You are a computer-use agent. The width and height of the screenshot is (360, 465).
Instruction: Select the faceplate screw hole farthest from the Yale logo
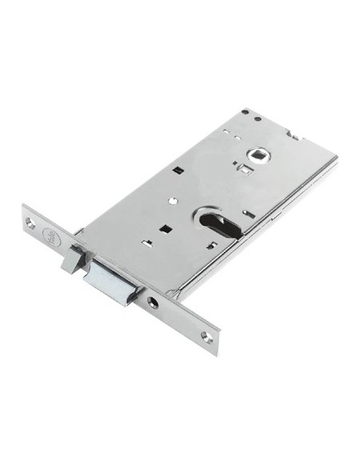click(206, 337)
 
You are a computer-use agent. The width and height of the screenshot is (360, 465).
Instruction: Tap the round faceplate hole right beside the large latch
click(151, 301)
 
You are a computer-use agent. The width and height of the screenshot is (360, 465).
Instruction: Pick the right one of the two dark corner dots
click(258, 119)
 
